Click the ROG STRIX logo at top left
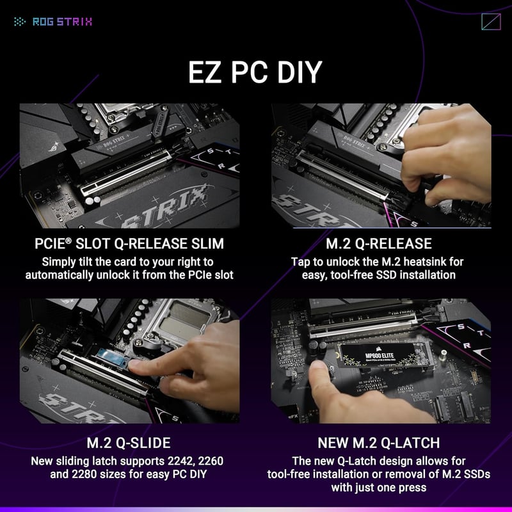point(53,21)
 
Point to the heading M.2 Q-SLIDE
point(129,444)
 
